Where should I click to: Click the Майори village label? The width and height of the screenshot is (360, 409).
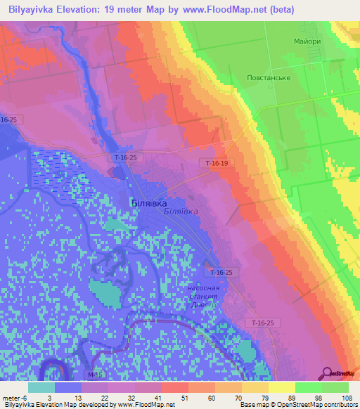tap(307, 41)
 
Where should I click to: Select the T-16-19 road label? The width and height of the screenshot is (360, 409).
tap(217, 163)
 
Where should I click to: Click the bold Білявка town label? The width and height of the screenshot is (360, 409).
tap(149, 202)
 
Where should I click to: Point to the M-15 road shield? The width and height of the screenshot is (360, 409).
tap(96, 376)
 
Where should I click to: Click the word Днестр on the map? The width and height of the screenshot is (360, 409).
tap(210, 306)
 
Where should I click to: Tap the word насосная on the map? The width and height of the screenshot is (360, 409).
tap(203, 288)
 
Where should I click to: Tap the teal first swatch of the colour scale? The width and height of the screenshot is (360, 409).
tap(41, 387)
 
